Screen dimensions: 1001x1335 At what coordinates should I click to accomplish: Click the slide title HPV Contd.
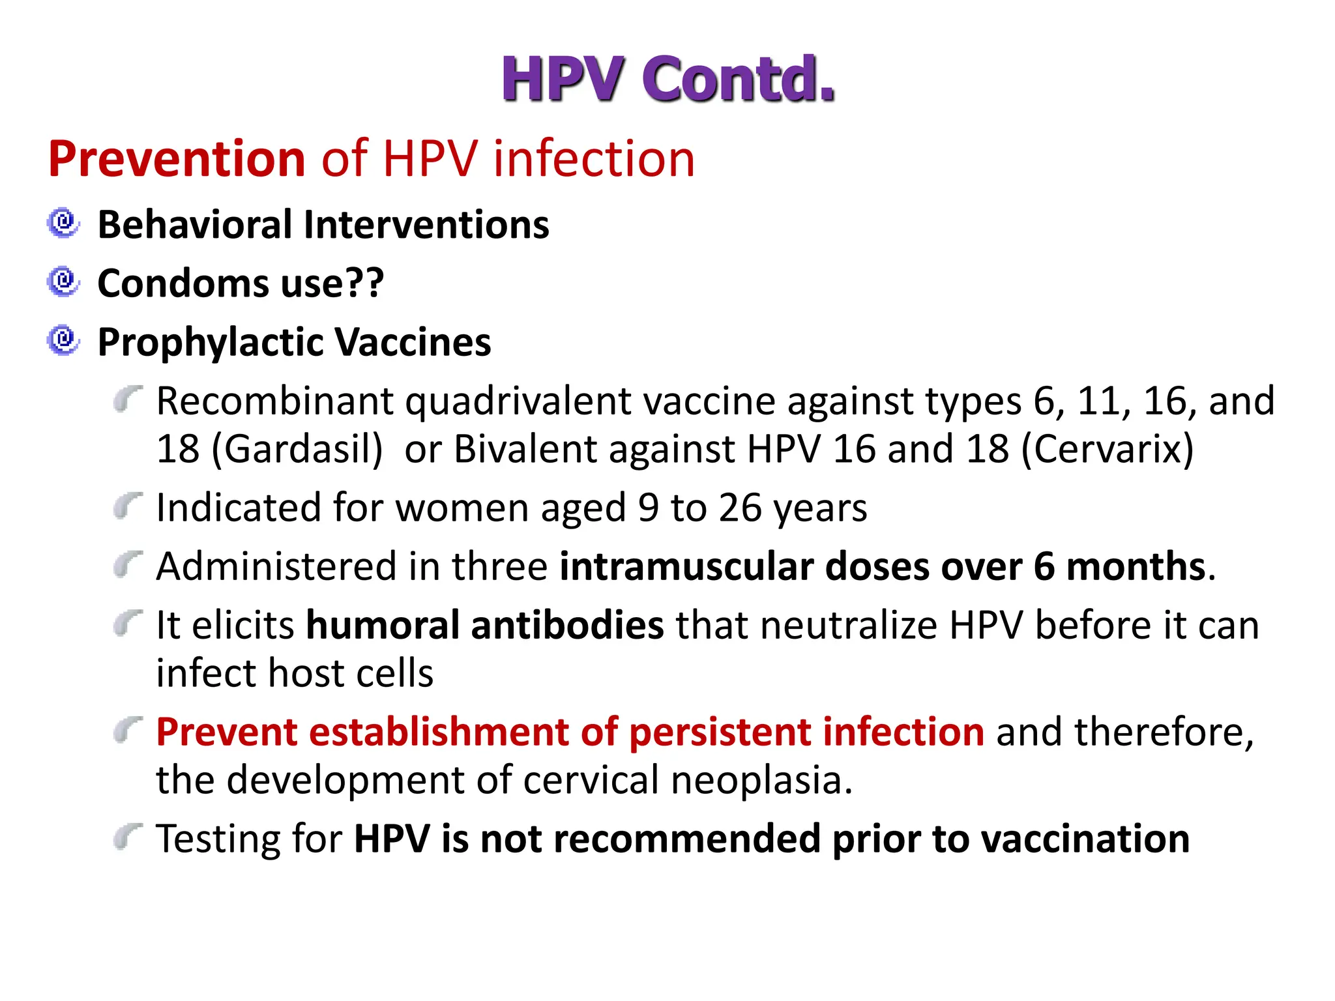[x=667, y=79]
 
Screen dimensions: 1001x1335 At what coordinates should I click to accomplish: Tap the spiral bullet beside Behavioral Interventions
[x=63, y=224]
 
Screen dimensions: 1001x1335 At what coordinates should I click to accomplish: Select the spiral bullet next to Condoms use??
[x=63, y=282]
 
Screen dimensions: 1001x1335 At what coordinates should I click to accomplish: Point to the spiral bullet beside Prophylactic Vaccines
[x=63, y=341]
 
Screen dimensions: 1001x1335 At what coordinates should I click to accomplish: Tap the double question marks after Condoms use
[x=364, y=283]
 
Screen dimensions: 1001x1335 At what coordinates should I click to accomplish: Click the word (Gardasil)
[x=297, y=449]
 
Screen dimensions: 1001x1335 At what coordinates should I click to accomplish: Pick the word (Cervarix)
[x=1108, y=449]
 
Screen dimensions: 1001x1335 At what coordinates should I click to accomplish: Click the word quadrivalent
[x=518, y=401]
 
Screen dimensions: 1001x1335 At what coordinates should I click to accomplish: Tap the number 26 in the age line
[x=741, y=508]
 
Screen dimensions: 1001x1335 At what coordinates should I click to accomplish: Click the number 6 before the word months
[x=1044, y=566]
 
